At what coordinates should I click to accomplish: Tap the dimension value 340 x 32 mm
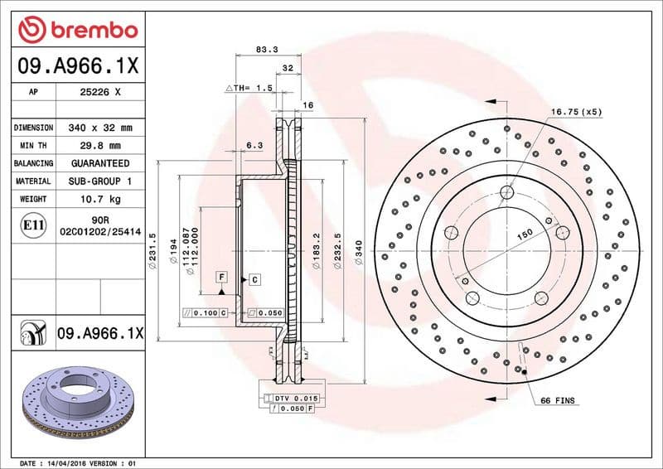pyautogui.click(x=100, y=128)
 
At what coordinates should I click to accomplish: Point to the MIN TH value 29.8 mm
pyautogui.click(x=100, y=146)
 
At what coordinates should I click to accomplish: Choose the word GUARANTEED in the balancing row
pyautogui.click(x=100, y=163)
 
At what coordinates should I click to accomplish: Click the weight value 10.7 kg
pyautogui.click(x=100, y=199)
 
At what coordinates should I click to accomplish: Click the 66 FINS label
pyautogui.click(x=557, y=401)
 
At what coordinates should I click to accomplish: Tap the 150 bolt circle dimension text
pyautogui.click(x=524, y=235)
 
